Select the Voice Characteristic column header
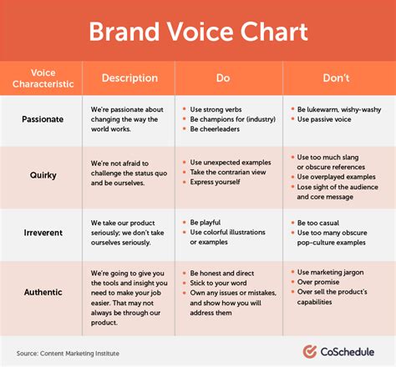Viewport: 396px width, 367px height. tap(43, 78)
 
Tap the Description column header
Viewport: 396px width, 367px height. tap(129, 78)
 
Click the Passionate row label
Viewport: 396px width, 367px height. tap(43, 119)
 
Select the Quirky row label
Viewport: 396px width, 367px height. tap(43, 176)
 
